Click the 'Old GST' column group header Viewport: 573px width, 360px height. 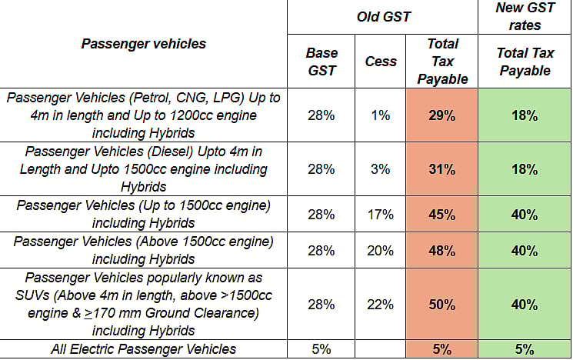(382, 16)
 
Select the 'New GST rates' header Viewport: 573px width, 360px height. (525, 16)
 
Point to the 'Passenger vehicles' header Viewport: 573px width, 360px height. (144, 44)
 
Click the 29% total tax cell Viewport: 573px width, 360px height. (442, 115)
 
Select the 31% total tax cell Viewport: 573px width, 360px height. (442, 169)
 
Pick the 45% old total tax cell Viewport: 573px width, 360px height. (442, 215)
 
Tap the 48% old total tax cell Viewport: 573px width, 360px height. (442, 250)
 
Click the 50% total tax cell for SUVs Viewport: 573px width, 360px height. (442, 304)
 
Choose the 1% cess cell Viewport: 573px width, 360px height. (379, 115)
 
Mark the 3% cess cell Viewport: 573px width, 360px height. (379, 169)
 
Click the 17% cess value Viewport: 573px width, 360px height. (379, 215)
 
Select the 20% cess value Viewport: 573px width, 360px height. (379, 250)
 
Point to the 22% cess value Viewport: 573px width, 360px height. (379, 304)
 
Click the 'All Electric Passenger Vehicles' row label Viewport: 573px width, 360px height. (144, 349)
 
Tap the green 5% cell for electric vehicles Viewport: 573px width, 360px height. (525, 349)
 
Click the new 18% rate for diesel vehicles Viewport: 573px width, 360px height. (525, 169)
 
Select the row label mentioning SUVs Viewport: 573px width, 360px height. (144, 304)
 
